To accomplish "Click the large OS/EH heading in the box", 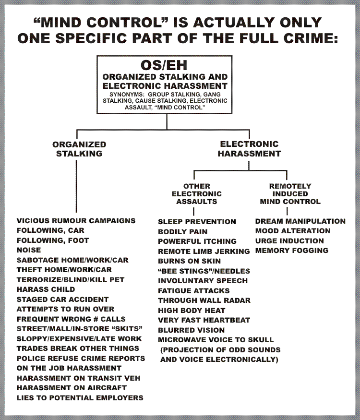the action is coord(164,65).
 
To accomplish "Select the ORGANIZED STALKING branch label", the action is coord(79,149).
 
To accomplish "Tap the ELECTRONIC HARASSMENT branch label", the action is coord(250,149).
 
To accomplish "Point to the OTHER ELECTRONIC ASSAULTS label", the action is coord(197,193).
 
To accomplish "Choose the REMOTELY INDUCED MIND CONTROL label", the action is coord(290,193).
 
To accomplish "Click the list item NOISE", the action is coord(29,250).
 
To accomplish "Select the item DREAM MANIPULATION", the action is coord(300,221).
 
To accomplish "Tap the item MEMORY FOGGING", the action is coord(292,251).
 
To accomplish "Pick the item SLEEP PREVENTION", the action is coord(197,222).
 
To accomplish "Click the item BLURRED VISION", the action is coord(191,330).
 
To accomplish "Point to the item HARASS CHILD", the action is coord(46,289).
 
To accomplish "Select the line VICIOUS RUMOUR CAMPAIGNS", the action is coord(76,221).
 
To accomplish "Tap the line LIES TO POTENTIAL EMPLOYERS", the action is coord(80,398).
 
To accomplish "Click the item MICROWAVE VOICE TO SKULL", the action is coord(216,340).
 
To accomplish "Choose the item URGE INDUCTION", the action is coord(289,241).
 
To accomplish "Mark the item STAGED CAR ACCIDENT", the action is coord(63,299).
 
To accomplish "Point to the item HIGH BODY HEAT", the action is coord(192,311).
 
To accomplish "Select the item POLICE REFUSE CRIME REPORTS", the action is coord(81,359).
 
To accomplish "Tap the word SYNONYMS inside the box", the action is coord(125,95).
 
